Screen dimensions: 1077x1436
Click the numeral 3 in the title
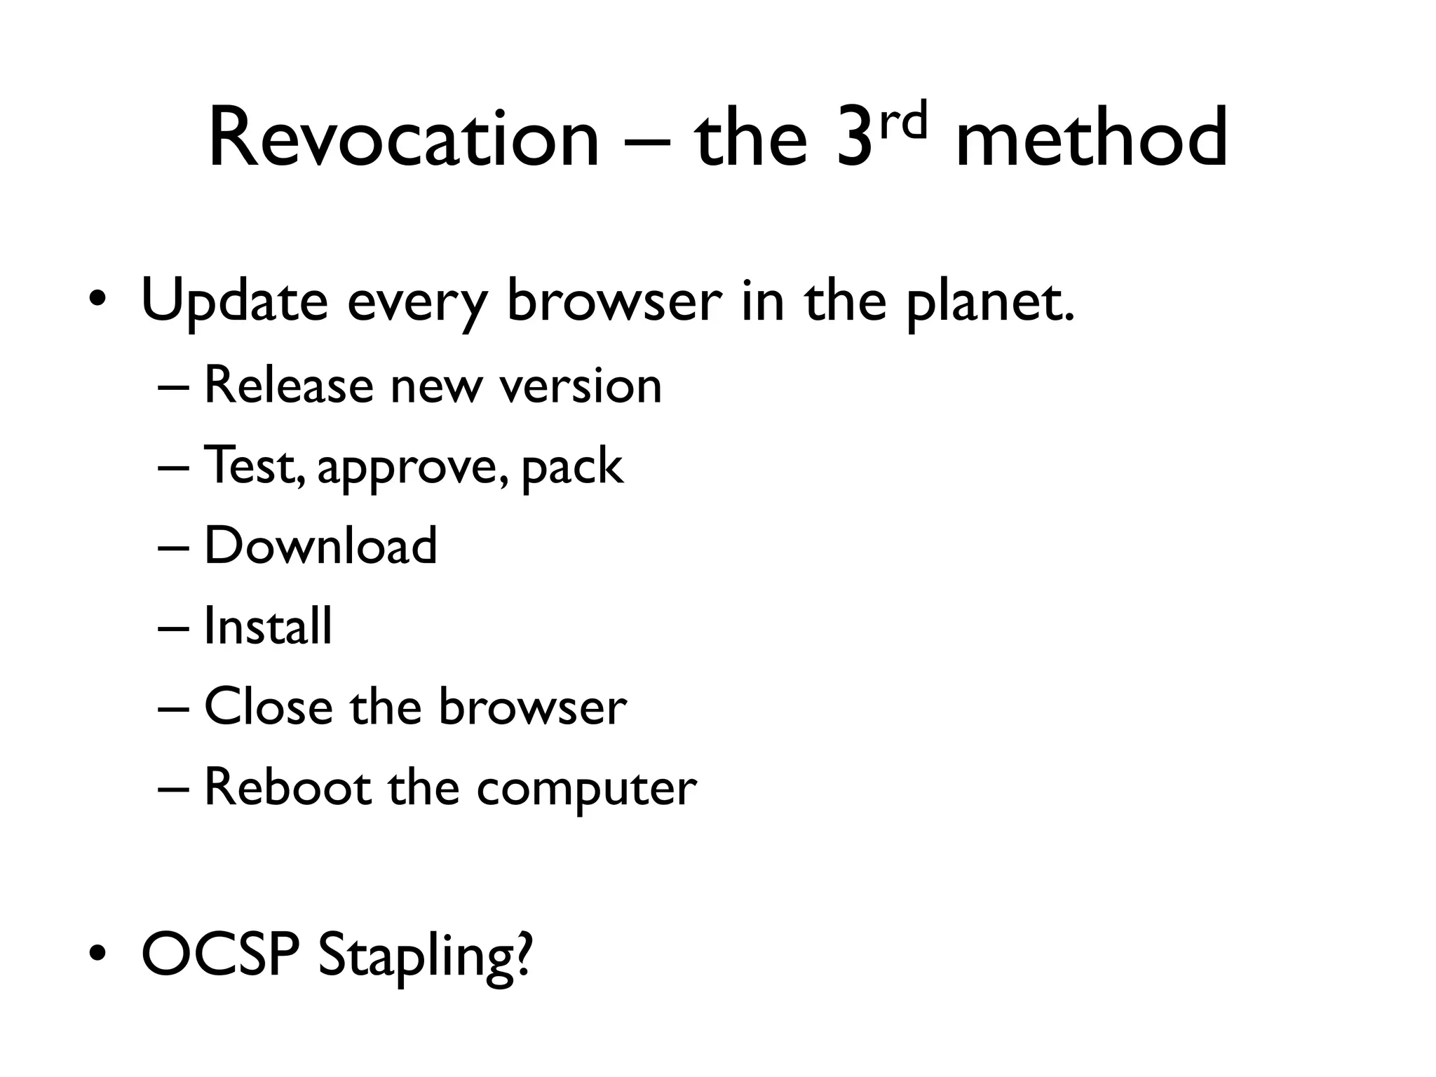(x=857, y=140)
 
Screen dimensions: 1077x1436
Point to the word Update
(x=234, y=302)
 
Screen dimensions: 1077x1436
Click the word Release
(x=288, y=386)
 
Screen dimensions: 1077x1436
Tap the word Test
(x=253, y=466)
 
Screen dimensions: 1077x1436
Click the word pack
(x=572, y=467)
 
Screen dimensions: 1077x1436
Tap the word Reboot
(x=287, y=787)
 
